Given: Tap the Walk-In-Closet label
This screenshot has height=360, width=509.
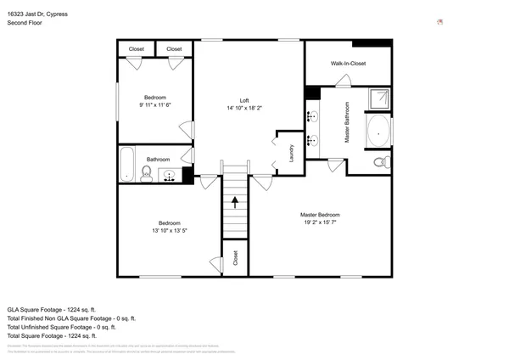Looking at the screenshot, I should click(348, 64).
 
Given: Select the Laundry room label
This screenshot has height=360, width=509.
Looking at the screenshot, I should click(291, 154).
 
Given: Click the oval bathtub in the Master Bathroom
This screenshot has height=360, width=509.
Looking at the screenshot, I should click(378, 132).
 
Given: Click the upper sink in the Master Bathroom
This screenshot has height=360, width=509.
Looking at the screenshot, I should click(312, 116).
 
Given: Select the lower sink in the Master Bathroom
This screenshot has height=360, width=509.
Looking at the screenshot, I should click(312, 141).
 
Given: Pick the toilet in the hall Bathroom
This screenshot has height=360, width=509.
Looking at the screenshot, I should click(146, 174).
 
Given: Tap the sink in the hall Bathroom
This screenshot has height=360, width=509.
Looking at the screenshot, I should click(170, 176).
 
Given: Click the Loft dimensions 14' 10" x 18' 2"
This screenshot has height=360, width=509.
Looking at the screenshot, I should click(243, 108).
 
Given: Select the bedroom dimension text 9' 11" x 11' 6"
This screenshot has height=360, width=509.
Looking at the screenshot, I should click(154, 104).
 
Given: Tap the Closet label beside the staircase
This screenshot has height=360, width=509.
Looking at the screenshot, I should click(235, 258).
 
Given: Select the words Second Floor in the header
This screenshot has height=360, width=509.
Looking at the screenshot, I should click(25, 23).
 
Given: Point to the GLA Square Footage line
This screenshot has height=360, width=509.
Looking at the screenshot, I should click(52, 309).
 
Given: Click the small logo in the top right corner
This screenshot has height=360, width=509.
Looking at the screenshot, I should click(439, 21).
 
